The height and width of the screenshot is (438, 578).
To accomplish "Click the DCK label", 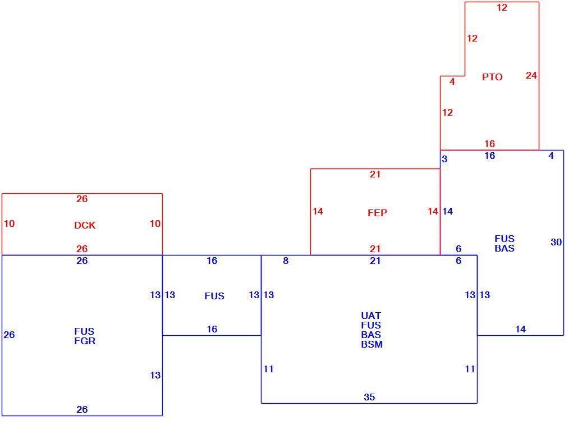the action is tap(85, 225).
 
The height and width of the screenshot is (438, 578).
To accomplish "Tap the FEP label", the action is tap(377, 213).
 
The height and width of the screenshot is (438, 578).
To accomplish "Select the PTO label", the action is tap(492, 77).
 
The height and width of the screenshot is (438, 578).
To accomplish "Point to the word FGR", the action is tap(85, 341).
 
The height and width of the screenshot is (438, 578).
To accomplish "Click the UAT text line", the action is tap(371, 316).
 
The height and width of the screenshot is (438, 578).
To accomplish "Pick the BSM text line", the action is tap(371, 345).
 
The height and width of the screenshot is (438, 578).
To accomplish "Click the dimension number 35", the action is tap(369, 397).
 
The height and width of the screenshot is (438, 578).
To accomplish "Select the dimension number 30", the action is tap(556, 242).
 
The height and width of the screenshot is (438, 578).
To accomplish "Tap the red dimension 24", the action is tap(531, 75).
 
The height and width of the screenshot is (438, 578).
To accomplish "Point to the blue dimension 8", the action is tap(286, 261).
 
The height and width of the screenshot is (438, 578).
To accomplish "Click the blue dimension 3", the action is tap(444, 159).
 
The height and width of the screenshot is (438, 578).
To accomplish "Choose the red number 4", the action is tap(452, 81).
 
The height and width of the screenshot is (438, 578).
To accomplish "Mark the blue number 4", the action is tap(551, 156).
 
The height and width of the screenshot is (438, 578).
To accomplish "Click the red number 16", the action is tap(489, 144).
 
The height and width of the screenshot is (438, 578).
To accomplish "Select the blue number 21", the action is tap(375, 261).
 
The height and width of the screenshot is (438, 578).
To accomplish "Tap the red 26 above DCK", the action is tap(82, 199).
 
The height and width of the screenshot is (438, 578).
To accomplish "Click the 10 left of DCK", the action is tap(9, 223).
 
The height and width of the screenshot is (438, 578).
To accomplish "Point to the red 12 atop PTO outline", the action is tap(502, 7).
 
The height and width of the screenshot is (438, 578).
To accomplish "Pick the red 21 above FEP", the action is tap(375, 174).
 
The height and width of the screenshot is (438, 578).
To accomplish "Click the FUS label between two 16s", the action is tap(214, 296).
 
